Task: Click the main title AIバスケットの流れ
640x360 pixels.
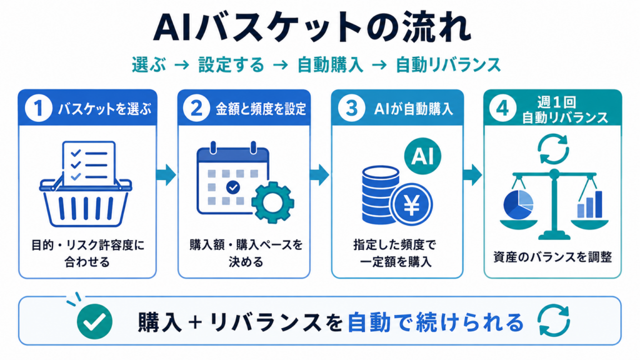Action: click(312, 27)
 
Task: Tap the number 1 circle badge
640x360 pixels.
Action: click(38, 108)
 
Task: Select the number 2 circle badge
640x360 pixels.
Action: click(196, 108)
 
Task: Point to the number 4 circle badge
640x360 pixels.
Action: click(502, 108)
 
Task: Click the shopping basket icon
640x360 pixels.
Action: click(86, 184)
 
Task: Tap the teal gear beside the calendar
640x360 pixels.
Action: click(272, 202)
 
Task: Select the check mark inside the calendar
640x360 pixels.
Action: click(233, 187)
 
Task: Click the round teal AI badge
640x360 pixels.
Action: click(422, 156)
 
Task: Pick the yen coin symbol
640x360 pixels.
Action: click(411, 205)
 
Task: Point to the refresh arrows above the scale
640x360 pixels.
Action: click(553, 149)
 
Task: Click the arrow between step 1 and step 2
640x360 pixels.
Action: click(166, 175)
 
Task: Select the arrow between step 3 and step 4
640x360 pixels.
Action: click(472, 175)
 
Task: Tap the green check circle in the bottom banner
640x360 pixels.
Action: click(95, 322)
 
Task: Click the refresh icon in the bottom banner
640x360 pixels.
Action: click(554, 321)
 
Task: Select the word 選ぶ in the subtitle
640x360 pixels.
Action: click(149, 65)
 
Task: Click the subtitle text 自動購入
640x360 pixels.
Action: click(330, 65)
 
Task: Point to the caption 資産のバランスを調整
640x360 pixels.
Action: click(552, 257)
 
